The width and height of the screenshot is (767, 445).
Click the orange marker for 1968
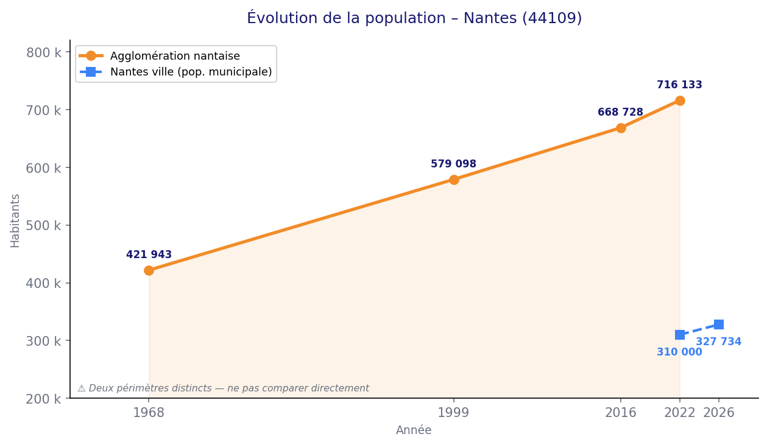pos(149,270)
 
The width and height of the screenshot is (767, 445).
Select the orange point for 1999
pos(454,180)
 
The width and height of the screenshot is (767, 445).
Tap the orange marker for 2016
pos(621,128)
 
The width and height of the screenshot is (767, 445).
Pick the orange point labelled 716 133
pos(680,100)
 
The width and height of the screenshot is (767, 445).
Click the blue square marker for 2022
pos(680,335)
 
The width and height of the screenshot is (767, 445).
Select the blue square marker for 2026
pos(719,324)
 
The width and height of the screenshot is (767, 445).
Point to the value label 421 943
pos(149,255)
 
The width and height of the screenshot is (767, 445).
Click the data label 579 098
pos(453,164)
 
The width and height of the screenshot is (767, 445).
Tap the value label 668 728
pos(620,113)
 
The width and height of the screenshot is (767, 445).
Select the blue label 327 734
pos(718,342)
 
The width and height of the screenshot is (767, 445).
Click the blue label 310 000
pos(679,352)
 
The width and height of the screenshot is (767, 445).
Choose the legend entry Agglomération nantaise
pos(175,56)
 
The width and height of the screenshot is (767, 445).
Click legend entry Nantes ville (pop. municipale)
pos(191,72)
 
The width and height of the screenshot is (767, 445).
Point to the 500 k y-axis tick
pos(43,225)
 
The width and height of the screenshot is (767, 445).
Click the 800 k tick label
pos(43,52)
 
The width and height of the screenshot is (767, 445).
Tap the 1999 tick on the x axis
pos(454,413)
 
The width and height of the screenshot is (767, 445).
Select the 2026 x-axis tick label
pos(719,413)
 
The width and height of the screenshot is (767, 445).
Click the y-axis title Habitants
pos(15,220)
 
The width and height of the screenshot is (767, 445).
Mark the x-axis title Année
pos(414,430)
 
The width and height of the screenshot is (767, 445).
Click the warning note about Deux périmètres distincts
pos(223,388)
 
